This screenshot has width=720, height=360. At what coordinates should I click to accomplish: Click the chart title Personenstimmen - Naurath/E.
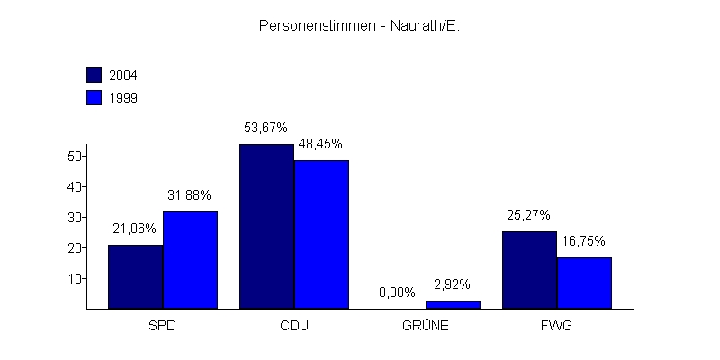point(359,26)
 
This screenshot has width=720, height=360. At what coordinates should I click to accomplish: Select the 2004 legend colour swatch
point(94,75)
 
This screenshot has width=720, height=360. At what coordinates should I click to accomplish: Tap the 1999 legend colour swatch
point(94,98)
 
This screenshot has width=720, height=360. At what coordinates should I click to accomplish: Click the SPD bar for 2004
point(135,276)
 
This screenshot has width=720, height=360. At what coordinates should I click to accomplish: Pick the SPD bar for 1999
point(190,260)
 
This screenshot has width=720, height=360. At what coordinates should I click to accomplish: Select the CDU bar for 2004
point(266,226)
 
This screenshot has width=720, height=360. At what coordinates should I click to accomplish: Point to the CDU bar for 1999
point(321,234)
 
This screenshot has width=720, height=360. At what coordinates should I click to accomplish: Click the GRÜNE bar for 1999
point(453,304)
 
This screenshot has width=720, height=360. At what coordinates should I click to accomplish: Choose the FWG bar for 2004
point(529,270)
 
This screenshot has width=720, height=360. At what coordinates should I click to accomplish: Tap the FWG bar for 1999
point(584,283)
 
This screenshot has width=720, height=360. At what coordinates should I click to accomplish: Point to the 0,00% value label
point(397,292)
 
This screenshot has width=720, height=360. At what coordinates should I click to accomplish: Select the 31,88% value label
point(189,195)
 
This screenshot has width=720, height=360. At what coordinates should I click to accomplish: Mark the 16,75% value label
point(583,241)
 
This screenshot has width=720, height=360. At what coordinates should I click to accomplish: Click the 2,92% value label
point(452,284)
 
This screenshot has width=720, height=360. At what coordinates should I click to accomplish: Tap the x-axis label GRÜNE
point(425,326)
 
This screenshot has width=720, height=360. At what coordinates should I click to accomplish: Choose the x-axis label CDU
point(294,326)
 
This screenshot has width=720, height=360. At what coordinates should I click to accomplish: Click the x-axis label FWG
point(557,326)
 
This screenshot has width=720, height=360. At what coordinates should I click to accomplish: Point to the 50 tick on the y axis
point(75,156)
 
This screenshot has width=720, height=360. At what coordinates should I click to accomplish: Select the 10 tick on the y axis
point(75,278)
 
